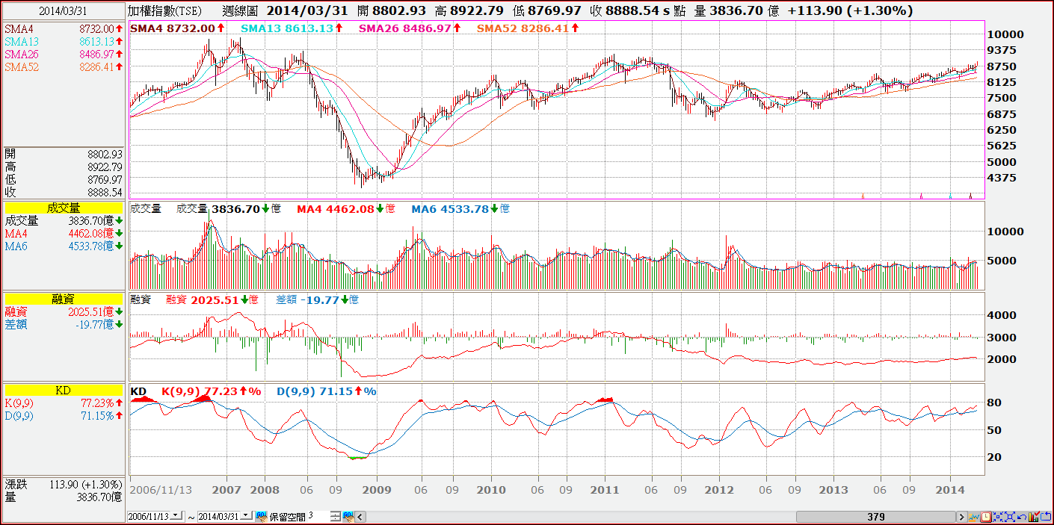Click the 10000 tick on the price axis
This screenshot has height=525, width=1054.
tap(1005, 34)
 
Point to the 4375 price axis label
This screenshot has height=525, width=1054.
tap(1002, 178)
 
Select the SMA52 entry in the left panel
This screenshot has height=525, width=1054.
tap(22, 67)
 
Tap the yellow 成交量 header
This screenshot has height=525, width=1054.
tap(63, 208)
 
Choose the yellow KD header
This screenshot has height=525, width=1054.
tap(63, 390)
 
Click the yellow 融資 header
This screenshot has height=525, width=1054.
tap(63, 299)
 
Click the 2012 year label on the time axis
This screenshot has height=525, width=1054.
tap(719, 490)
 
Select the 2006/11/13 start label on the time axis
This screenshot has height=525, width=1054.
tap(161, 490)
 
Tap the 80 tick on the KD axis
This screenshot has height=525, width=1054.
tap(995, 403)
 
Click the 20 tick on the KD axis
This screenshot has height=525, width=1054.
tap(995, 457)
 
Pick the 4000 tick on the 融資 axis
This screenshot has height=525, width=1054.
tap(1002, 315)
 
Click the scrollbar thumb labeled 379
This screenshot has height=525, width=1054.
tap(876, 517)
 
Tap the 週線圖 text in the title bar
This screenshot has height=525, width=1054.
tap(240, 11)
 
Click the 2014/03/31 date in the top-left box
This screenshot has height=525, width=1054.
tap(63, 11)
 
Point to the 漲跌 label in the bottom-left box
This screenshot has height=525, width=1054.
tap(16, 484)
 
